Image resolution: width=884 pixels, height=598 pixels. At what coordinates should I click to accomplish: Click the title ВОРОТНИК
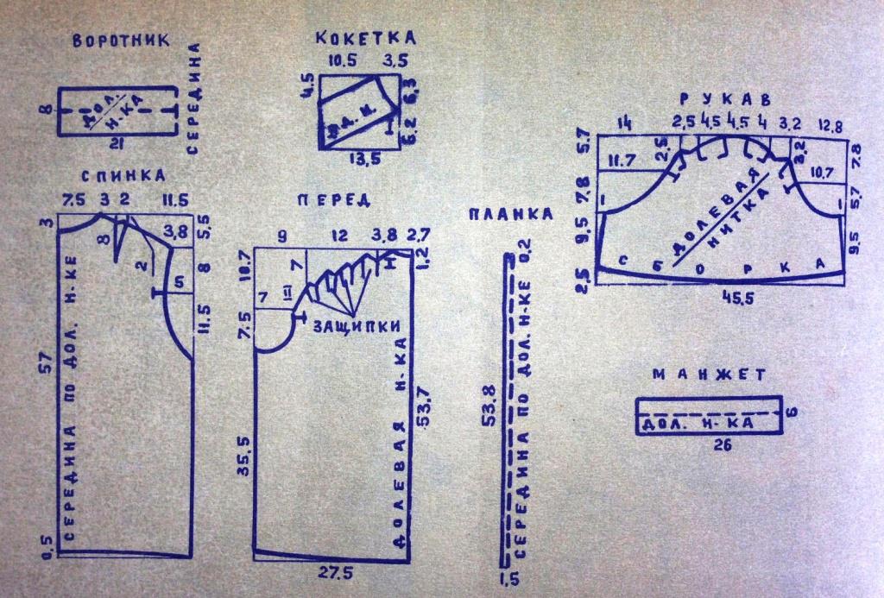(119, 41)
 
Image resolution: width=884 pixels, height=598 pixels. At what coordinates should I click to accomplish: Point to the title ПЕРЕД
(333, 200)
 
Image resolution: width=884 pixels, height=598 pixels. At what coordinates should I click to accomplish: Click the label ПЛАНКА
(509, 214)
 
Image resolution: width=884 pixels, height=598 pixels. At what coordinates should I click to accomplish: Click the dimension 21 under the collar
(112, 142)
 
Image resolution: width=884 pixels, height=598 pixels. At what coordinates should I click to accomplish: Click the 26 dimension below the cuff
(712, 445)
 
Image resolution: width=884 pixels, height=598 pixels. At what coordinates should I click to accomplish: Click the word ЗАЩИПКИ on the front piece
(343, 327)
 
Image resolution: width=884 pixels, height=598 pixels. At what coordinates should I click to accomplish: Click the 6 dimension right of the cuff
(793, 412)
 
